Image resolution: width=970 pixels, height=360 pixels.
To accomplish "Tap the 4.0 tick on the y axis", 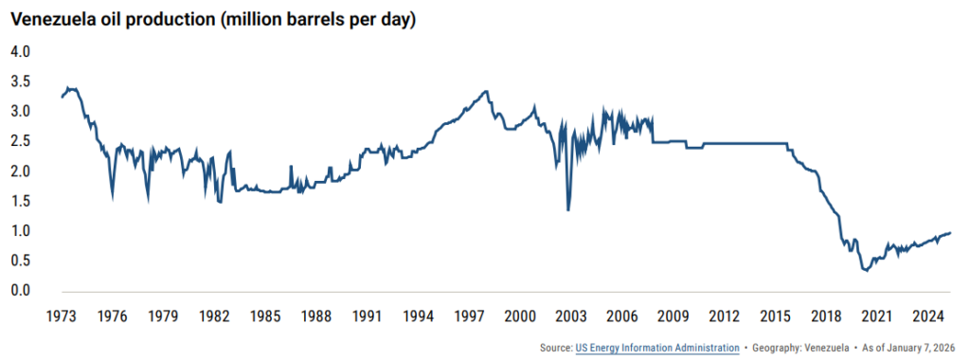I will [21, 51].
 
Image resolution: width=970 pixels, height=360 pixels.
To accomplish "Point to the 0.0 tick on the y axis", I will [21, 291].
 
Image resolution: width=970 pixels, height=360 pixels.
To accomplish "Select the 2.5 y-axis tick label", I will [21, 141].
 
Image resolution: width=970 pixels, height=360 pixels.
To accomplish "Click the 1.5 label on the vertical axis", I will [21, 201].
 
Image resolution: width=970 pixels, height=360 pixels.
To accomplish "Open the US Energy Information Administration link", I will [656, 348].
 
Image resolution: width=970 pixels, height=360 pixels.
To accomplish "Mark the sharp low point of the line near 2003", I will [568, 209].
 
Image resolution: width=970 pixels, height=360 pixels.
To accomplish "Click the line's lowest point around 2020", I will [865, 271].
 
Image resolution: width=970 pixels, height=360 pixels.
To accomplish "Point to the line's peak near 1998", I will [486, 92].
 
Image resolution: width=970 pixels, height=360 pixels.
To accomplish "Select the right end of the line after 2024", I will [950, 233].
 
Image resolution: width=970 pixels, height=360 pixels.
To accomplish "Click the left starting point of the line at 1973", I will [62, 97].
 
